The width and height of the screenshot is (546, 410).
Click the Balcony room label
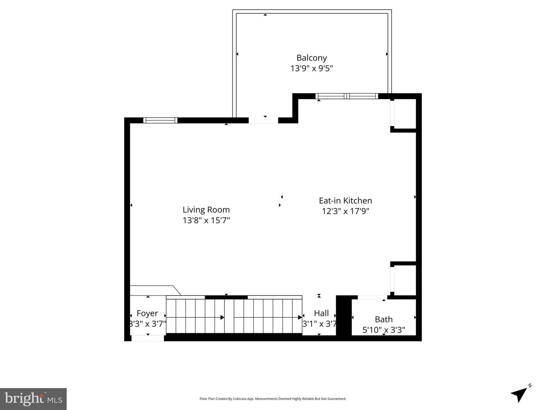pos(311,58)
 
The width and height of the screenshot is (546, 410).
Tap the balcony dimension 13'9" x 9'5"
pos(311,68)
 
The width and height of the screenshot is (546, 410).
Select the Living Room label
pos(206,209)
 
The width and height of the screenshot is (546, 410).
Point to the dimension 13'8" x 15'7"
pos(206,220)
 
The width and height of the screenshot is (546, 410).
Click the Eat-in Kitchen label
pos(345,200)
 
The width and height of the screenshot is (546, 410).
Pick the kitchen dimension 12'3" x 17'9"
pos(345,211)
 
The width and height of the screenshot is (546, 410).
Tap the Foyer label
pos(147,313)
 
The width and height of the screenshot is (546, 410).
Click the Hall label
pos(321,313)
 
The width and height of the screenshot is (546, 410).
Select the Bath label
pos(383,319)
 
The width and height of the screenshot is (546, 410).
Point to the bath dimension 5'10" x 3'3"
pos(383,330)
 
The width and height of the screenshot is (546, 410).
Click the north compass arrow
pos(519,394)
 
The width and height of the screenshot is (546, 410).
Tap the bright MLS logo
pos(33,399)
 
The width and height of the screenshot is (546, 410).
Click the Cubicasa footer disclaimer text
pos(273,399)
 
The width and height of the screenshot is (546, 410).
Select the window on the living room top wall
pos(160,120)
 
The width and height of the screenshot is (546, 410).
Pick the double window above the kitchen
pos(347,96)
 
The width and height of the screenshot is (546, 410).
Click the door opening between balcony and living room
pos(263,120)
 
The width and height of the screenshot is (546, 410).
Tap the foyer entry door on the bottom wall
pos(147,338)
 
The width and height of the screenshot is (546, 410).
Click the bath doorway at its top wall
pos(372,297)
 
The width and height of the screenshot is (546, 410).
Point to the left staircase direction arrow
pos(222,317)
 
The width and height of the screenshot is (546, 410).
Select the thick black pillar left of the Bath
pos(344,316)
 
